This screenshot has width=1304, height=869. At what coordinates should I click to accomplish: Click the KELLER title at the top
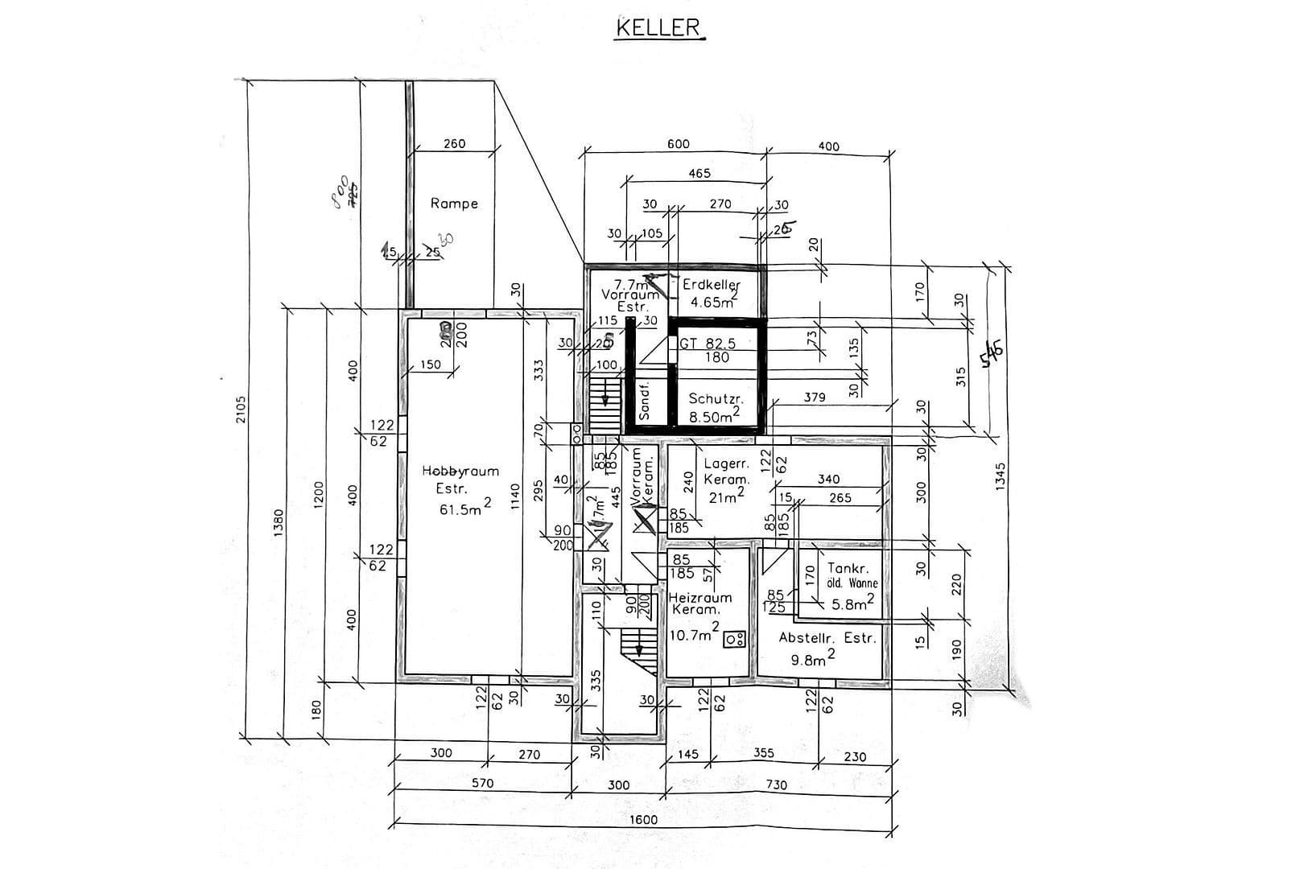(658, 27)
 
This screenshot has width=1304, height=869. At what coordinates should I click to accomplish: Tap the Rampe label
(454, 204)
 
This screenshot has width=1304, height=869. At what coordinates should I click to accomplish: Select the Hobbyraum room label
(460, 472)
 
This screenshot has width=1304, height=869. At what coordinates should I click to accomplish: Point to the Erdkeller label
(711, 284)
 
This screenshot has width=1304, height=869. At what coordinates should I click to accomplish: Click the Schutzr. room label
(716, 399)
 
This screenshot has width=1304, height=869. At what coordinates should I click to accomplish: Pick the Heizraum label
(700, 598)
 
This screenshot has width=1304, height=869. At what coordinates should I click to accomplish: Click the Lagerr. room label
(727, 463)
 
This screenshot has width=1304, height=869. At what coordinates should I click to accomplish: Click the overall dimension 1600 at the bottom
(642, 819)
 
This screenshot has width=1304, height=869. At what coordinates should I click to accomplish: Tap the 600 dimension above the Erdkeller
(679, 144)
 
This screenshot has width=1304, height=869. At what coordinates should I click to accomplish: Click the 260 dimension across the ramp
(454, 144)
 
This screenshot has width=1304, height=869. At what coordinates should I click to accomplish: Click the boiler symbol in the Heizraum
(734, 640)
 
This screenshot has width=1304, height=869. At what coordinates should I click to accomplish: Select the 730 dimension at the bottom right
(777, 785)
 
